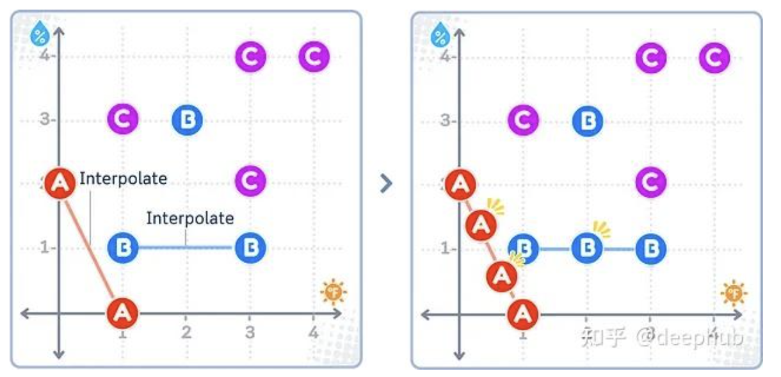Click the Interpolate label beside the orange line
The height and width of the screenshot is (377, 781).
123,179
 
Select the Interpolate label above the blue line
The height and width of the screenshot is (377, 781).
190,218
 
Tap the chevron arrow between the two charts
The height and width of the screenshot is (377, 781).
385,184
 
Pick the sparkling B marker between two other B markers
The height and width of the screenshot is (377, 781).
586,248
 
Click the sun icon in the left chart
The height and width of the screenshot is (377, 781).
334,293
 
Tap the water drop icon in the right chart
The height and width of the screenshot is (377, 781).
439,35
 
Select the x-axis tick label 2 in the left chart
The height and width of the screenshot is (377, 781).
186,332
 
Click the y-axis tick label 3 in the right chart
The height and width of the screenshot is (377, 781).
444,120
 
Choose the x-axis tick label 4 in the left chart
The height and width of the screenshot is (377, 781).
313,332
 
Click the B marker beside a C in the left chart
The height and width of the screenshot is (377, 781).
187,119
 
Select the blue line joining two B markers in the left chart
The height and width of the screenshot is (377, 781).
186,248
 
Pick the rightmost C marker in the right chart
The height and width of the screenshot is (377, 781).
713,58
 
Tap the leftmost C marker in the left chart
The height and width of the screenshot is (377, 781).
122,118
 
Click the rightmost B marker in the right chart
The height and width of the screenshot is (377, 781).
650,248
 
